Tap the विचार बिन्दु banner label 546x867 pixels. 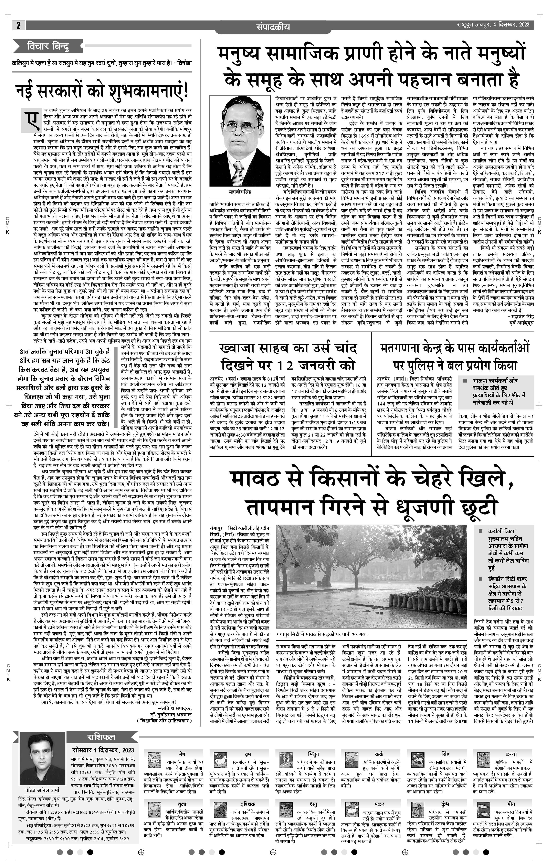pos(48,46)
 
